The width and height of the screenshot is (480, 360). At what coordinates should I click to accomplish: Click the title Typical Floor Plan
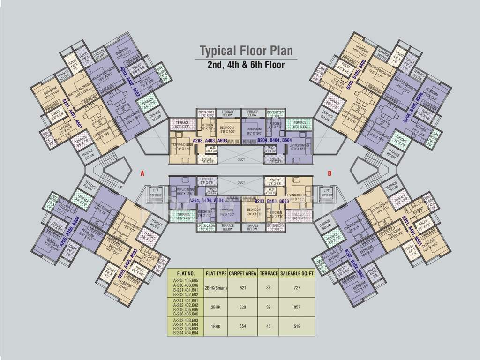[246, 51]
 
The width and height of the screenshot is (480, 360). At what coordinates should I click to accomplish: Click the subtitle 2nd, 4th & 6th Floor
[246, 65]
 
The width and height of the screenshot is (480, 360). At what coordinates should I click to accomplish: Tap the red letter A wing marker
[142, 173]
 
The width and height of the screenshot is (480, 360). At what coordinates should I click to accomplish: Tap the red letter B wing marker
[330, 173]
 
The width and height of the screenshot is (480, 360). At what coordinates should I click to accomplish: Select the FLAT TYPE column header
[216, 273]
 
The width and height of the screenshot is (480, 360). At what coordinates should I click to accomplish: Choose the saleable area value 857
[297, 307]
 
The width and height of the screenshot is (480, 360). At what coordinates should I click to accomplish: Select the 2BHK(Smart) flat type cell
[216, 288]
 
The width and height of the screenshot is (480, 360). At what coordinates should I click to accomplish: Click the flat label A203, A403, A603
[210, 140]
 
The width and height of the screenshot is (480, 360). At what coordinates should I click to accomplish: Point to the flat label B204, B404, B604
[275, 140]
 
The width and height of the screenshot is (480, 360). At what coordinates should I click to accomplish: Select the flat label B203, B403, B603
[272, 201]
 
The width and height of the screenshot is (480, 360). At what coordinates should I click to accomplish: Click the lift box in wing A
[156, 193]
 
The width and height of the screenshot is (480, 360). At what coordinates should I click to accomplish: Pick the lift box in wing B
[325, 193]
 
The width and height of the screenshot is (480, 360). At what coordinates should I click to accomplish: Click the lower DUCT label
[241, 182]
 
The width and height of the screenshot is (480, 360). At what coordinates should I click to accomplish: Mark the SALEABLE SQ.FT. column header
[297, 273]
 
